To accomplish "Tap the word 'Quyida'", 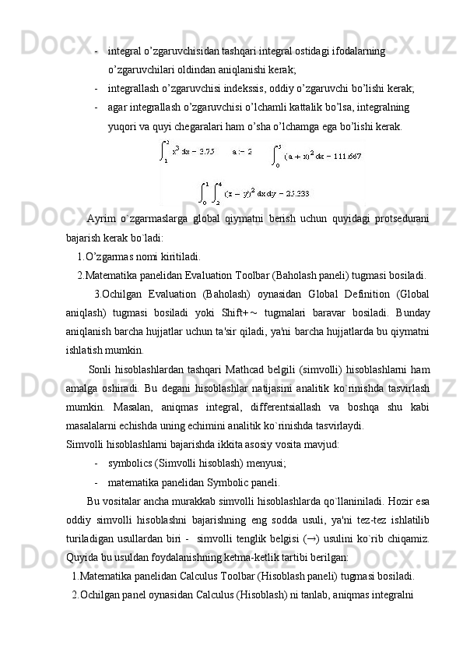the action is point(82,557).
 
